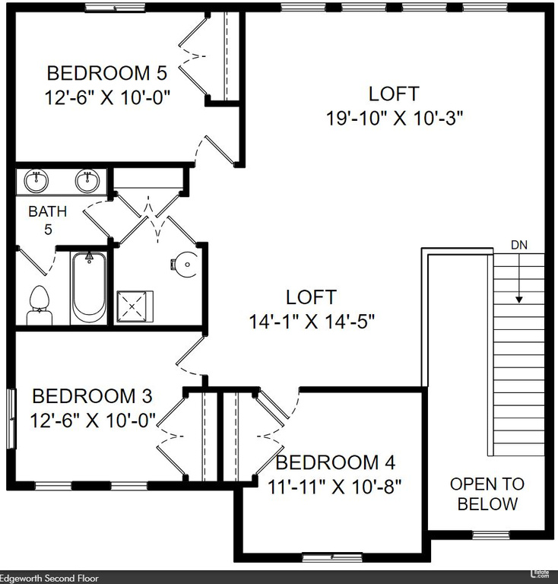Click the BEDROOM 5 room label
click(107, 74)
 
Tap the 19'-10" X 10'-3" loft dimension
click(394, 118)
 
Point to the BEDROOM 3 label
click(93, 396)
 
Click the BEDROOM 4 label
click(335, 462)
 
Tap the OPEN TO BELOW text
click(487, 494)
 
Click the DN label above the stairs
click(518, 245)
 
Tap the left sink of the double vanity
click(35, 181)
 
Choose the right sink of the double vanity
click(87, 181)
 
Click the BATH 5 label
click(47, 220)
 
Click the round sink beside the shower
click(186, 265)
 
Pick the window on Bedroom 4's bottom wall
click(332, 557)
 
